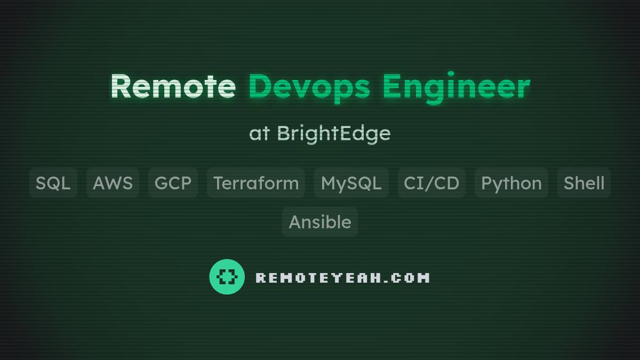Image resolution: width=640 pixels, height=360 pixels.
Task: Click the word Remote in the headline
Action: pyautogui.click(x=173, y=86)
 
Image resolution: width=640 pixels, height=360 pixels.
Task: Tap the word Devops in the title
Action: pyautogui.click(x=309, y=86)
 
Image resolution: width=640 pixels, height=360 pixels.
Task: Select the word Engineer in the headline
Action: pyautogui.click(x=456, y=86)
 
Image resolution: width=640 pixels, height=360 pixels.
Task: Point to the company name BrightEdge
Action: pyautogui.click(x=333, y=133)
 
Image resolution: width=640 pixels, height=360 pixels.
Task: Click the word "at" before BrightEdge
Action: pyautogui.click(x=259, y=133)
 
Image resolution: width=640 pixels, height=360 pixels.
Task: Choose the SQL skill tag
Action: pyautogui.click(x=53, y=183)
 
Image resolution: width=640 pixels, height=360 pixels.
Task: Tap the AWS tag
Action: pyautogui.click(x=113, y=183)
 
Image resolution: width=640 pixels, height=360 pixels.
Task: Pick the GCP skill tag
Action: pyautogui.click(x=173, y=183)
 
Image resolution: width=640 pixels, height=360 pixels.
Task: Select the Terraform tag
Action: pyautogui.click(x=256, y=183)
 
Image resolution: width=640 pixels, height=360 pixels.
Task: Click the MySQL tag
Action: pyautogui.click(x=351, y=183)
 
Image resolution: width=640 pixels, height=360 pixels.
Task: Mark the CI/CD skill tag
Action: pyautogui.click(x=431, y=183)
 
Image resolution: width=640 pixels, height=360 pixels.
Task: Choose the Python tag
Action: pyautogui.click(x=511, y=183)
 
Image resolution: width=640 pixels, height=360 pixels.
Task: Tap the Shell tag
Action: pyautogui.click(x=584, y=183)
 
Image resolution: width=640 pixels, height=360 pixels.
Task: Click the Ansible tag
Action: pyautogui.click(x=320, y=222)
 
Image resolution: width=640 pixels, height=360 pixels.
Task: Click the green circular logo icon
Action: pyautogui.click(x=227, y=277)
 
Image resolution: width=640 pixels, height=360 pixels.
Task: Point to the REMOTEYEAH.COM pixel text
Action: pyautogui.click(x=342, y=278)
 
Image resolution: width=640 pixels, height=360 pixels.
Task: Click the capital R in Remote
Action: pyautogui.click(x=121, y=86)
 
